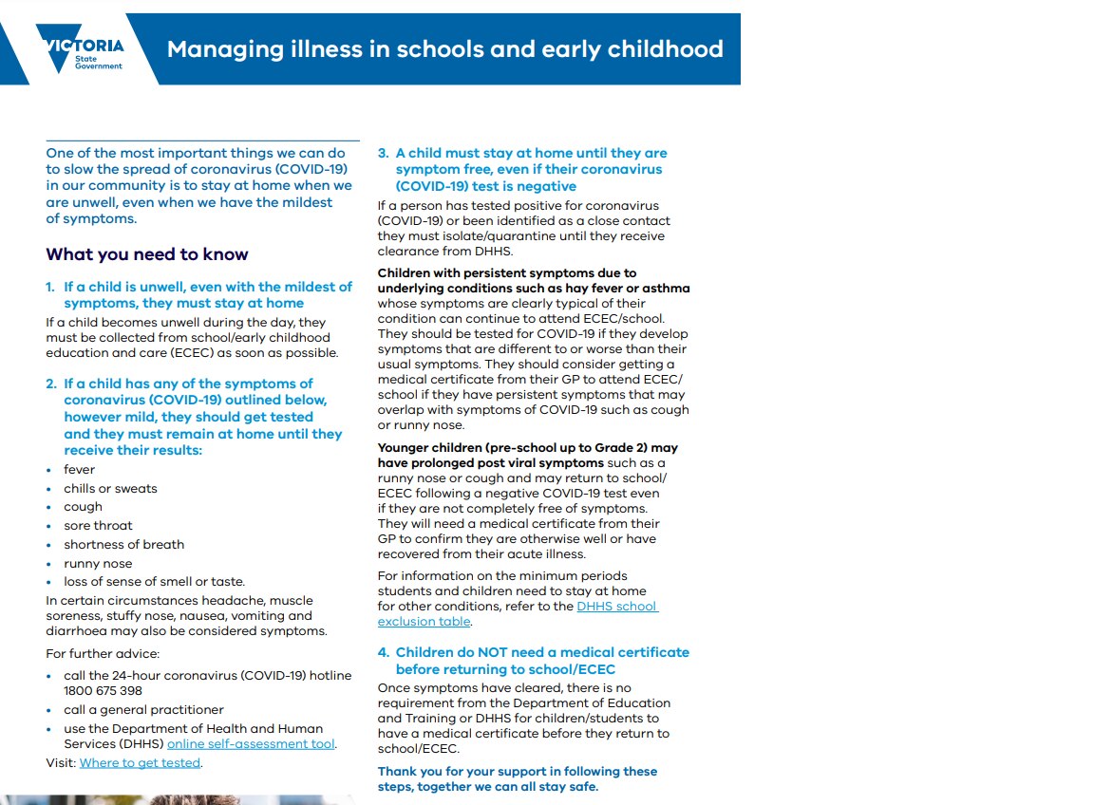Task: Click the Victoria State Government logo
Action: (x=81, y=49)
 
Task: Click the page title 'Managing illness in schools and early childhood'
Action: (x=444, y=48)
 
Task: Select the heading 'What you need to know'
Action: (x=147, y=254)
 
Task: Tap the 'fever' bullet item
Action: (x=80, y=469)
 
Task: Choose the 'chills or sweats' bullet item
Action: (x=110, y=488)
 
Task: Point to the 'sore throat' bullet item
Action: (x=98, y=525)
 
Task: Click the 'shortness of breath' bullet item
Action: (x=123, y=544)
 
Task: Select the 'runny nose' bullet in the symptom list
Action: (x=98, y=563)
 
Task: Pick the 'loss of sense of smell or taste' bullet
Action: (x=154, y=581)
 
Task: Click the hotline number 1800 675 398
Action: (x=103, y=690)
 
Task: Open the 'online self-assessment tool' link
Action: (x=251, y=743)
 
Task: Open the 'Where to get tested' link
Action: (x=140, y=762)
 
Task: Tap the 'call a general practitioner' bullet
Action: (x=143, y=709)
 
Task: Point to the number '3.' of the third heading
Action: (x=384, y=153)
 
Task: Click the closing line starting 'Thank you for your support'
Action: (x=518, y=771)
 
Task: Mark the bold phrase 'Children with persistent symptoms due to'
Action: (x=507, y=272)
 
